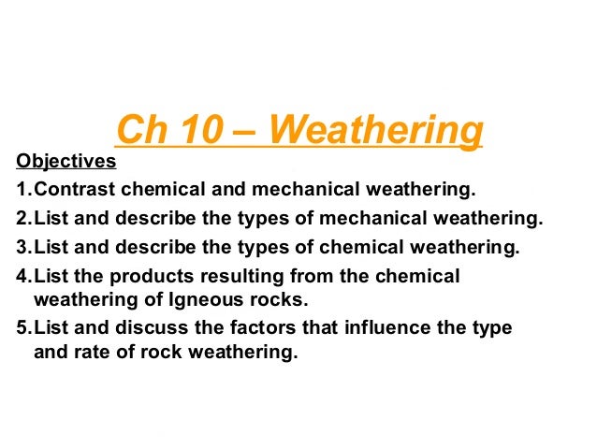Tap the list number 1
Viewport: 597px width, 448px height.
[22, 191]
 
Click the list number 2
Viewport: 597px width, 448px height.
[22, 220]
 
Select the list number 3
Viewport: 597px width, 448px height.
[22, 248]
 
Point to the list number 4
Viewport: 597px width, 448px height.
[22, 277]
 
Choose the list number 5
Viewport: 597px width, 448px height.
[22, 330]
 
